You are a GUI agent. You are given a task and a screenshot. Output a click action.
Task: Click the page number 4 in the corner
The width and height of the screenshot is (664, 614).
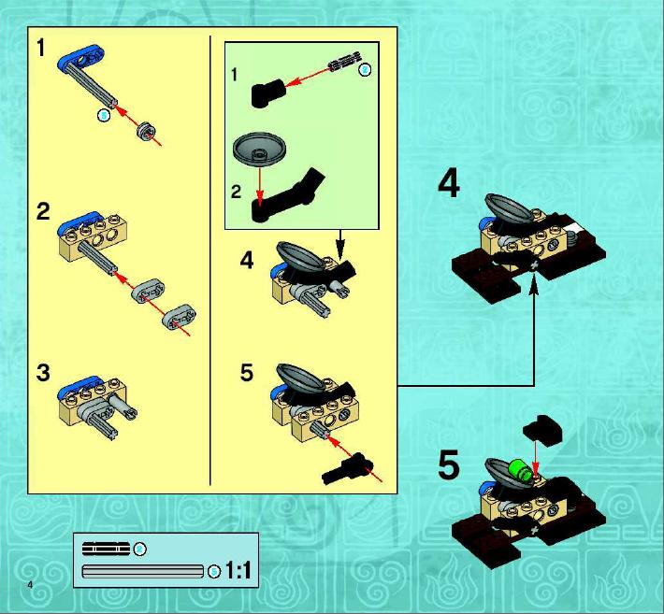tap(30, 585)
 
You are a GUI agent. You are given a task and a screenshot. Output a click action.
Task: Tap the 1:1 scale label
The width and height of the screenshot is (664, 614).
tap(238, 570)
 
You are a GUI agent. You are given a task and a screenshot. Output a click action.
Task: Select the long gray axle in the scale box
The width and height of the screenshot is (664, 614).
tap(143, 571)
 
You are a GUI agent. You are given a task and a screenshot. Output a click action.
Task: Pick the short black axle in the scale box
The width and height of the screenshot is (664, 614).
tap(107, 549)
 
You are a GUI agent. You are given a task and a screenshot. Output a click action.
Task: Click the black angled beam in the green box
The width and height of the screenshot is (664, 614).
tap(286, 197)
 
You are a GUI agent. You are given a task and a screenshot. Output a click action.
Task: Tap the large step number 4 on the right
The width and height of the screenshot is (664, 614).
tap(449, 185)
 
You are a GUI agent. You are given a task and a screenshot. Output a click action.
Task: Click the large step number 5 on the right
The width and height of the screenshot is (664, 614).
tap(449, 464)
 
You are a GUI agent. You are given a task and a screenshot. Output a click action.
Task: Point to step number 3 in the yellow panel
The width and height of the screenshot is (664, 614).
tap(43, 373)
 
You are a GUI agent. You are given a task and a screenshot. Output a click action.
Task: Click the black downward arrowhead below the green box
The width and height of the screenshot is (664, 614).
tap(340, 247)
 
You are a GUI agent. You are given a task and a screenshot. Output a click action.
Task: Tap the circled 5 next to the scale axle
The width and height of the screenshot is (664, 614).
tap(215, 572)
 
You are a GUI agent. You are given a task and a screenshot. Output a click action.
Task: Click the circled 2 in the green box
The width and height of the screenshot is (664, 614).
tap(365, 70)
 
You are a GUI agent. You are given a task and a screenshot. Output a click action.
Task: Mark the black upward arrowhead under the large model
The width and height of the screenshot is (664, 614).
tap(534, 285)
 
